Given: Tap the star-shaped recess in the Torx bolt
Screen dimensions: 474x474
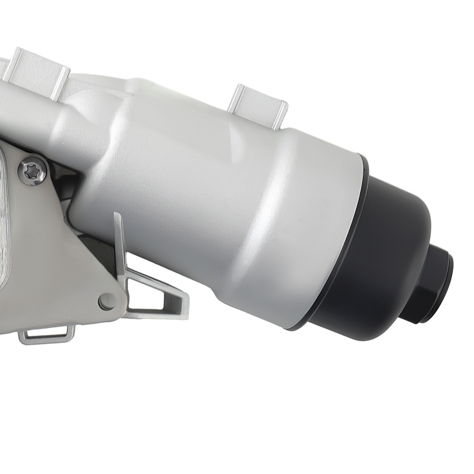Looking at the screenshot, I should tap(32, 171).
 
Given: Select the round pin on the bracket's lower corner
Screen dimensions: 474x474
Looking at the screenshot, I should tap(107, 301).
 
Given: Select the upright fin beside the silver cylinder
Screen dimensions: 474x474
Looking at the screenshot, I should tap(119, 246).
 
